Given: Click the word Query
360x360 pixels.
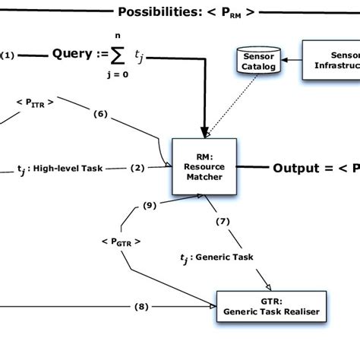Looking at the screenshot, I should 75,55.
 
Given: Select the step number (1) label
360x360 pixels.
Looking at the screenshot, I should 8,55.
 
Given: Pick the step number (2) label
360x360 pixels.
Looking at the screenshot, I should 137,168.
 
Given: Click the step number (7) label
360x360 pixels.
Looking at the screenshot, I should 223,222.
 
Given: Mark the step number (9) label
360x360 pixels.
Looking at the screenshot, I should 150,205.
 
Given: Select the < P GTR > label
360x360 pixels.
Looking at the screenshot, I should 121,242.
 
